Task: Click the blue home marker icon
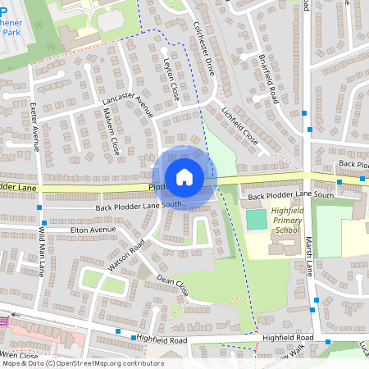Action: (184, 176)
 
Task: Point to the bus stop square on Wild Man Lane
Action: (39, 221)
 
